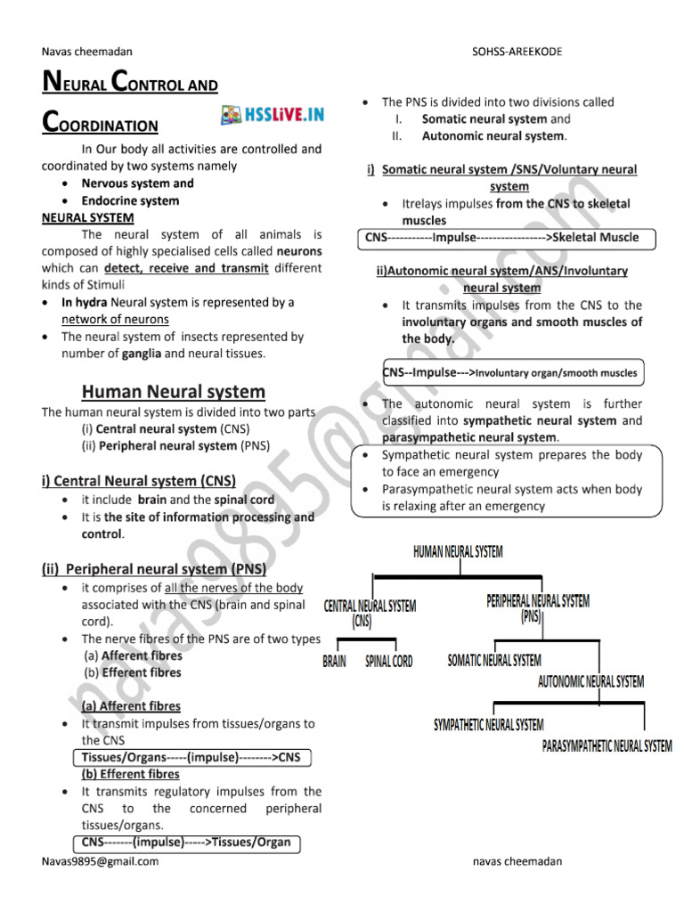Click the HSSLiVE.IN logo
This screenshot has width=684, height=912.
(x=273, y=115)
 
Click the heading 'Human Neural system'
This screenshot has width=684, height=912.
(x=174, y=392)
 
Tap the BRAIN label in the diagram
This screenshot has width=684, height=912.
(x=335, y=662)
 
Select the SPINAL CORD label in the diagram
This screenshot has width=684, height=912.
(x=389, y=662)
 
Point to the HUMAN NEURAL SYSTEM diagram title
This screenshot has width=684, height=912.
(x=458, y=552)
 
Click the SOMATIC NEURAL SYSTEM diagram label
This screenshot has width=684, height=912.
(x=494, y=660)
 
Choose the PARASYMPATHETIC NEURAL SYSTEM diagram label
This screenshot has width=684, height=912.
(x=607, y=745)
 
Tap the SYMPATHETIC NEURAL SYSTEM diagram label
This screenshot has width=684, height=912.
(x=488, y=725)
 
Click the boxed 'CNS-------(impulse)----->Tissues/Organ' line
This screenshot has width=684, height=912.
(x=186, y=842)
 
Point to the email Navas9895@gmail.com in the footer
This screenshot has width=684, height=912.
(x=100, y=861)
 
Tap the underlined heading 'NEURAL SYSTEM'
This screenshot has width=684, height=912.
(x=88, y=217)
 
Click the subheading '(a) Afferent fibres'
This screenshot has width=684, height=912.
(x=131, y=705)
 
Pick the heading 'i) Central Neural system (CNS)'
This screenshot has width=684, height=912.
(x=138, y=481)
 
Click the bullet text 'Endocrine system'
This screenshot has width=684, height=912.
(x=130, y=200)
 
